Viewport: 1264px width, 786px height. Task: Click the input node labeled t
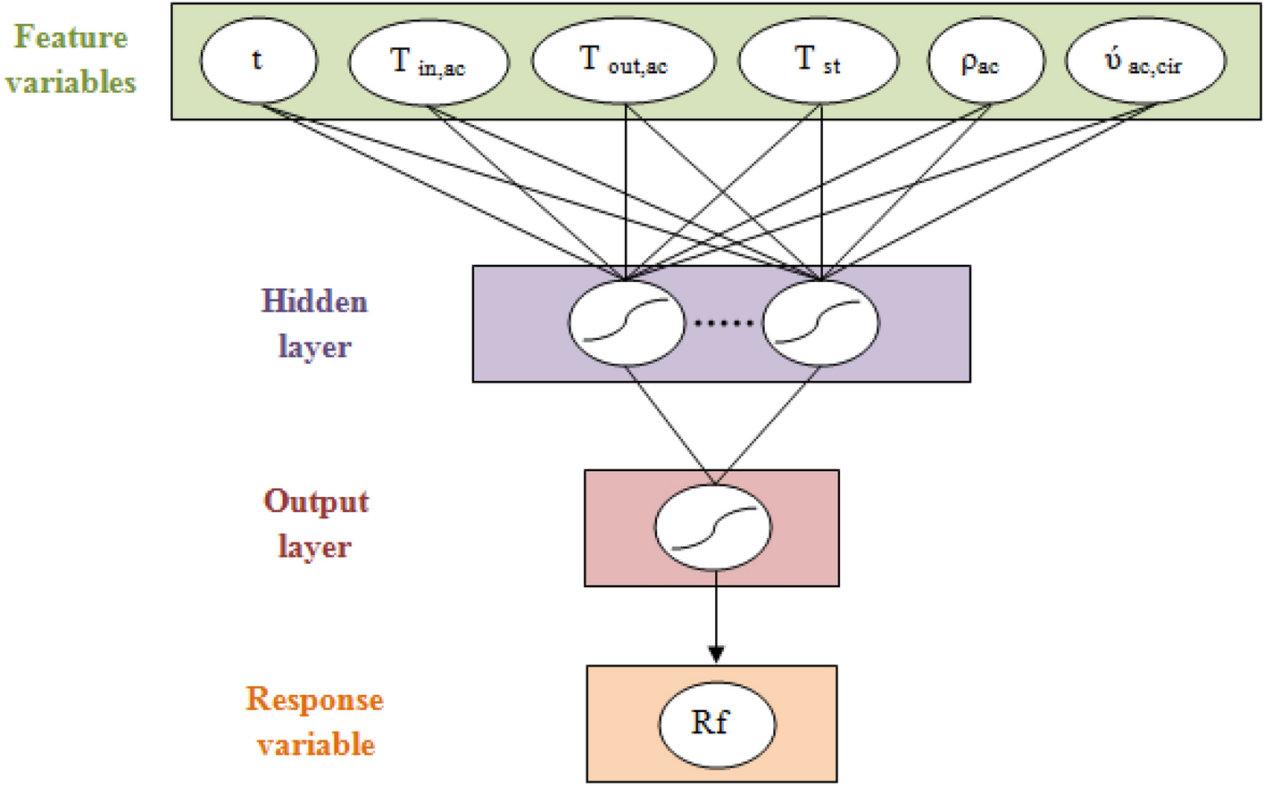pyautogui.click(x=258, y=61)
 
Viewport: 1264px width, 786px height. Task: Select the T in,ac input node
pyautogui.click(x=428, y=62)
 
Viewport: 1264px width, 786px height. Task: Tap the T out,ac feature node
pyautogui.click(x=623, y=61)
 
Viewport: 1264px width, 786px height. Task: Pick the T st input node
pyautogui.click(x=818, y=61)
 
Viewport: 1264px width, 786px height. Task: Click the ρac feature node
pyautogui.click(x=985, y=62)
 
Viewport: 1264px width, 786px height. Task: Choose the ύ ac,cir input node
pyautogui.click(x=1145, y=62)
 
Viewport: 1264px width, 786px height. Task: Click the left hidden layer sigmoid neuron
pyautogui.click(x=626, y=322)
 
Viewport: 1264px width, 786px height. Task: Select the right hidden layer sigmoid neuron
pyautogui.click(x=820, y=322)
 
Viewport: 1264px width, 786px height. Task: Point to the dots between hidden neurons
pyautogui.click(x=723, y=323)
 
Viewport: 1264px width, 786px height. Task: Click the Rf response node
pyautogui.click(x=716, y=724)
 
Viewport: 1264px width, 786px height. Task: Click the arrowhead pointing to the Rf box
pyautogui.click(x=715, y=654)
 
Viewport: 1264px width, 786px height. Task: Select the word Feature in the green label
pyautogui.click(x=71, y=37)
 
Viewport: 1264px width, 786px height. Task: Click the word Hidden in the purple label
pyautogui.click(x=314, y=302)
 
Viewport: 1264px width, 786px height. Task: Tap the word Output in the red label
pyautogui.click(x=316, y=502)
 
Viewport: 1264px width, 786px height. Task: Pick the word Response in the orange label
pyautogui.click(x=314, y=699)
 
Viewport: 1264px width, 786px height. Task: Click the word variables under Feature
pyautogui.click(x=71, y=83)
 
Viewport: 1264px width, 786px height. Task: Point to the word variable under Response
pyautogui.click(x=316, y=745)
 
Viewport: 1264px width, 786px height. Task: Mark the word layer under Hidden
pyautogui.click(x=314, y=347)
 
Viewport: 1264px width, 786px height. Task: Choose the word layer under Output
pyautogui.click(x=314, y=547)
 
